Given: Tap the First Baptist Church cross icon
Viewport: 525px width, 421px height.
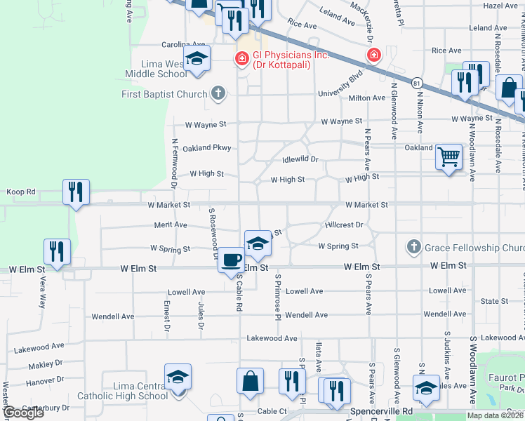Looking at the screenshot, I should (218, 93).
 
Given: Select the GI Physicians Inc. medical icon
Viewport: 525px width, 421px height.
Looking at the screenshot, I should (241, 58).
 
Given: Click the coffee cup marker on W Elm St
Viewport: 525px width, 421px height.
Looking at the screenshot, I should (231, 260).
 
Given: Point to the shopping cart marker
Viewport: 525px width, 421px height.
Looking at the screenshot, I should (448, 157).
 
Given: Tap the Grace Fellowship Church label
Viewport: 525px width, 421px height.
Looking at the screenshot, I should (474, 248).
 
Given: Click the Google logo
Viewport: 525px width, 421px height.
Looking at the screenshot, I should (23, 413).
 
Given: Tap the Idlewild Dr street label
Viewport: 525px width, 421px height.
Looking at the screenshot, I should (300, 159).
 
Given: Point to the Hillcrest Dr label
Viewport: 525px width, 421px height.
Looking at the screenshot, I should (344, 225).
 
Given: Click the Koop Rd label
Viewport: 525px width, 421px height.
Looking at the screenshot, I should (20, 192).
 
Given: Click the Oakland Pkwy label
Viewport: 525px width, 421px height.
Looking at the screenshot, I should (206, 148).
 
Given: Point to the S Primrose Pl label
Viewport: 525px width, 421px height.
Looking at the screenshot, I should (278, 295).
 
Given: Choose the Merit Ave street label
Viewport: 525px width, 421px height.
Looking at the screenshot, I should (171, 225).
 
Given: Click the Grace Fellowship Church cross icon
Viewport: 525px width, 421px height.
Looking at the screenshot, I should (413, 247).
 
